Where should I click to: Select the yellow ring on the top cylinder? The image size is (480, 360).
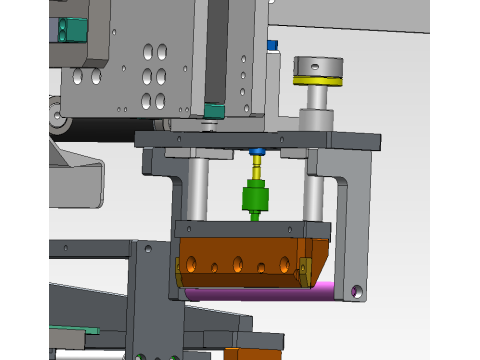(315, 79)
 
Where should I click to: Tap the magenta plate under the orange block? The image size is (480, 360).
(260, 293)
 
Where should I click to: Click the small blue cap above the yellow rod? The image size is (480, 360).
(256, 153)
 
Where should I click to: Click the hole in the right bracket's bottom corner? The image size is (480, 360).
(356, 291)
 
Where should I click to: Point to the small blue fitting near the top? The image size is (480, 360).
(271, 45)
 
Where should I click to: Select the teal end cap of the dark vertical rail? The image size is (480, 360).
(213, 109)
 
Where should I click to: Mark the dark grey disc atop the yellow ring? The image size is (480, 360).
(315, 67)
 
